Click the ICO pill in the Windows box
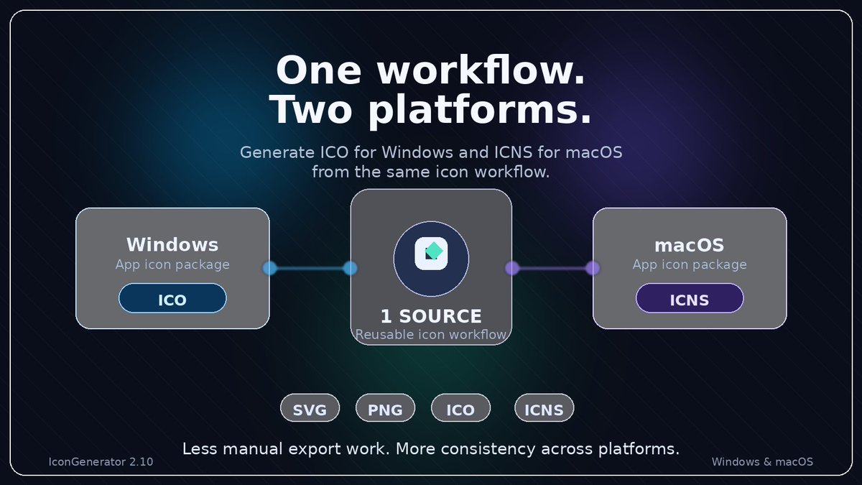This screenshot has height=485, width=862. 172,298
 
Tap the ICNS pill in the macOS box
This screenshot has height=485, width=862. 690,298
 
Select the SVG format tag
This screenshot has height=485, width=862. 310,409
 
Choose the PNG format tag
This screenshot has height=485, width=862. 385,409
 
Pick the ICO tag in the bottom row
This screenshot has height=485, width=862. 460,409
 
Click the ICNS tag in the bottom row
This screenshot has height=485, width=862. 544,409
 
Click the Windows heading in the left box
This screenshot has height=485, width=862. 172,244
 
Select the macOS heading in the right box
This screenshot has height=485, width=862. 690,244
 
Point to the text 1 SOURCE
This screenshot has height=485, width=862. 431,316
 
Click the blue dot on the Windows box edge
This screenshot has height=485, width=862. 269,268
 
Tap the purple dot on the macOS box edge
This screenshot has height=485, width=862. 593,268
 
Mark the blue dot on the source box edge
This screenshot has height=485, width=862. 351,268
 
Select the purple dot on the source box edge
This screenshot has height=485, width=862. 512,268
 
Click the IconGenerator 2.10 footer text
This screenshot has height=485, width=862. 101,462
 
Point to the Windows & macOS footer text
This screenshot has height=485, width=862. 762,462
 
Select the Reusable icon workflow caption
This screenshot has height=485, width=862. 431,334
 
